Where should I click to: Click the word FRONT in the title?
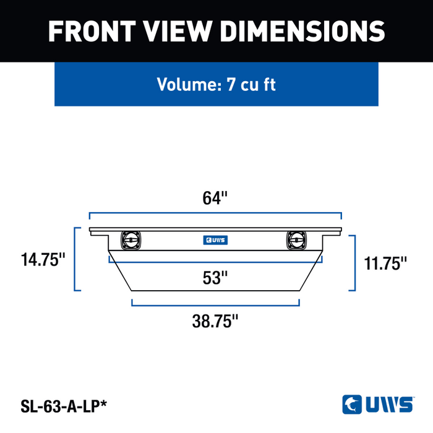[92, 31]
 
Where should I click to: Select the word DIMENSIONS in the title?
[302, 31]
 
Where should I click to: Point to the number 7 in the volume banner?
[231, 84]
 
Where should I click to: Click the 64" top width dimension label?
[215, 198]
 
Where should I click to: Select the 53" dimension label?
[215, 278]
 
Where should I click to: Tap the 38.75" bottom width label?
[215, 321]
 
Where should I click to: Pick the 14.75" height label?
[43, 260]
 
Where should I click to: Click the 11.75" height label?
[385, 263]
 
